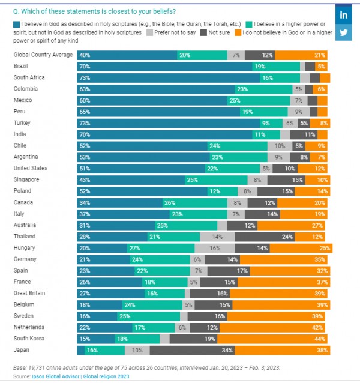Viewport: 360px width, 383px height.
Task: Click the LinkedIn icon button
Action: (x=344, y=14)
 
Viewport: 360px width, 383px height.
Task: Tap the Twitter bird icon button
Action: (x=344, y=33)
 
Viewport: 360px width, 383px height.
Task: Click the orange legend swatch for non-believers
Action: (x=238, y=32)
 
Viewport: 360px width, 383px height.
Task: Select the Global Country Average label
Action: (x=43, y=55)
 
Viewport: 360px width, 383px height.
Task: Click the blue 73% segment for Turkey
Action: (x=168, y=122)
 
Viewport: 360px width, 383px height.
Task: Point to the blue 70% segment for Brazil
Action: (x=164, y=66)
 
